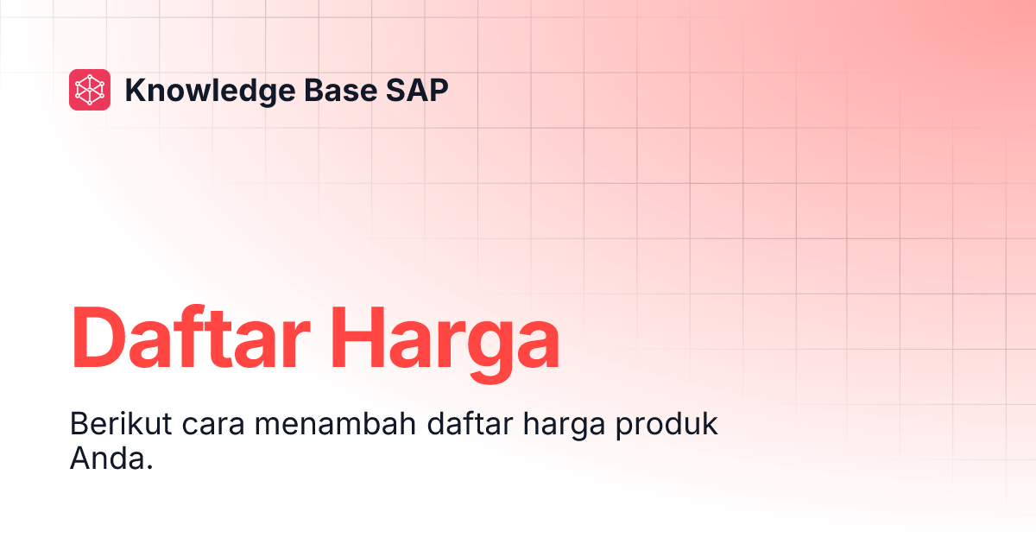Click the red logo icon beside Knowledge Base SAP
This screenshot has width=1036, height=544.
tap(90, 90)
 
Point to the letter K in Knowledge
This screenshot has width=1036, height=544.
tap(135, 90)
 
